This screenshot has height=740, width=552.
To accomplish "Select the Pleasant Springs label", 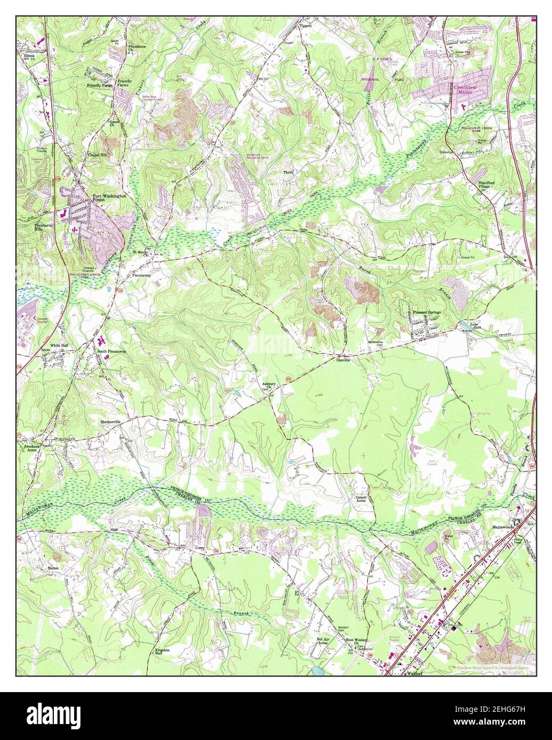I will point(424,313).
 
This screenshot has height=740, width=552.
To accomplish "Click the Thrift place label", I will point(288,172).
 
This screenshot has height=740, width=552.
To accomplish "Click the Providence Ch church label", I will point(137,48).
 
